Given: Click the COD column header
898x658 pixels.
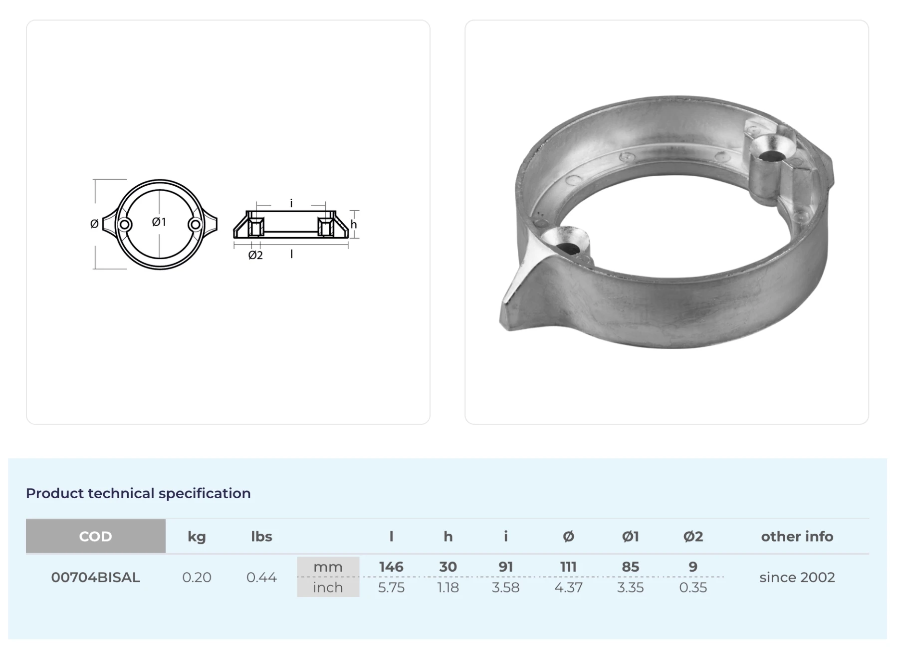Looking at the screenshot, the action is (x=95, y=536).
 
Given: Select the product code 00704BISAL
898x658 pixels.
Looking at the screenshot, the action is (x=95, y=577).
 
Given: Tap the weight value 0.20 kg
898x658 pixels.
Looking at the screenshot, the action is (x=197, y=577).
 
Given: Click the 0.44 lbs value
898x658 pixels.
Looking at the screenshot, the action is (x=261, y=577).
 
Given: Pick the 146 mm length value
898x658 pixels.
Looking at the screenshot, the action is (x=391, y=567).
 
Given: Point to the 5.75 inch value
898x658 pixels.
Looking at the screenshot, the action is (x=391, y=587).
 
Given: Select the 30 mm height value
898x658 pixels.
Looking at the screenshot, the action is (x=448, y=567).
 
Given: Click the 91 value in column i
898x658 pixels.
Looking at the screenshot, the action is (x=505, y=567).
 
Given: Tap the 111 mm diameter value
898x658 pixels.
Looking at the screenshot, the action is (x=568, y=567).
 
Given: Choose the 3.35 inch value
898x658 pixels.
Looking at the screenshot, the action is (x=630, y=587).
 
